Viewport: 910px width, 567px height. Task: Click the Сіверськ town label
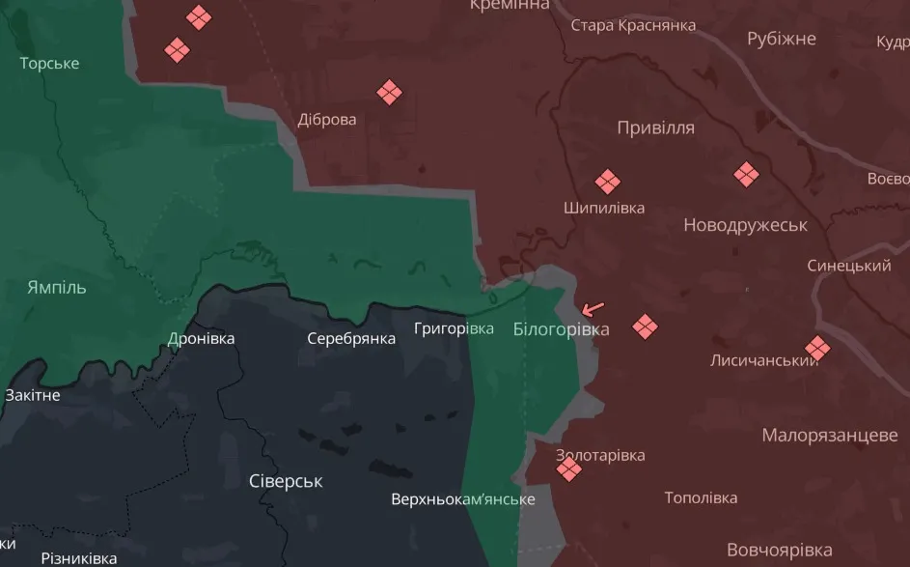tap(286, 481)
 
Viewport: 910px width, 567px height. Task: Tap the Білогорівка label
tap(561, 329)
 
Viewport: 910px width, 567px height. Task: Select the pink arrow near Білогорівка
tap(593, 309)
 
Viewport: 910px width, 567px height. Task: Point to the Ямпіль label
tap(57, 288)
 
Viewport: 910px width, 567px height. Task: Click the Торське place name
tap(49, 64)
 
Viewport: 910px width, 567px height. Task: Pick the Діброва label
tap(326, 120)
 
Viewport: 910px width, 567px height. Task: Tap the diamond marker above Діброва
tap(389, 93)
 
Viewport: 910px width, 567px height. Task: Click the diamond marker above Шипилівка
tap(606, 182)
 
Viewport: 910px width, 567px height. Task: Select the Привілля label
tap(655, 128)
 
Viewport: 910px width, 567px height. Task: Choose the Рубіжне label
tap(781, 39)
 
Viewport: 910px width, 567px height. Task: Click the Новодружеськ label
tap(745, 225)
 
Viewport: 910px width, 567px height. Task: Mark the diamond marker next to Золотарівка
tap(569, 469)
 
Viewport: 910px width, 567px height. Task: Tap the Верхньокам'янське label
tap(462, 499)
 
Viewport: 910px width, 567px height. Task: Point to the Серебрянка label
tap(351, 339)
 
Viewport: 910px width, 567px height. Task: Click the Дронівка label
tap(201, 339)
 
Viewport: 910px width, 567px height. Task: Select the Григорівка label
tap(454, 328)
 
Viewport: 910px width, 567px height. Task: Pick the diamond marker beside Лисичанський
tap(817, 348)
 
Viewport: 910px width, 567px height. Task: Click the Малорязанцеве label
tap(830, 436)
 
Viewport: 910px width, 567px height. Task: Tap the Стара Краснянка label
tap(633, 25)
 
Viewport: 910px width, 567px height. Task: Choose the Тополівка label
tap(701, 498)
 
